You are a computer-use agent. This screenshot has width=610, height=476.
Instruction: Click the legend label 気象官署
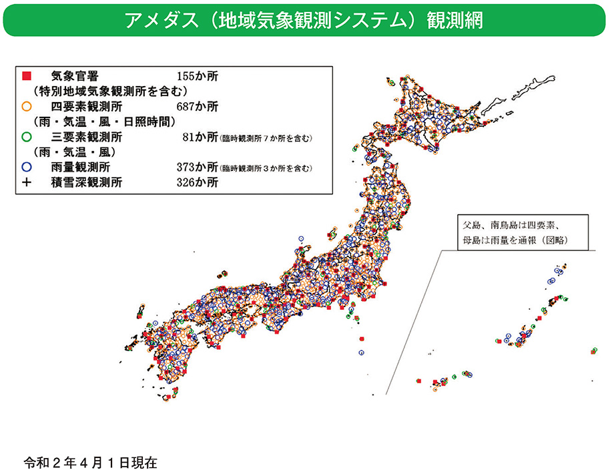[75, 75]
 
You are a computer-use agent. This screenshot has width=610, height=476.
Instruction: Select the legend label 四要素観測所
[85, 106]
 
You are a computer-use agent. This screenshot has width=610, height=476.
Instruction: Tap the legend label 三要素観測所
[85, 137]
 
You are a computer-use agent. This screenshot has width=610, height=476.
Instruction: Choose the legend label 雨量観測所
[80, 167]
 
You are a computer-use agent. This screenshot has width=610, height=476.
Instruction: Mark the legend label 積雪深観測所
[85, 182]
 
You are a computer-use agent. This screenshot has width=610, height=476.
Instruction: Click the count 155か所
[198, 75]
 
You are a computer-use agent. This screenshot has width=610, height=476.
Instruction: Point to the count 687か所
[198, 106]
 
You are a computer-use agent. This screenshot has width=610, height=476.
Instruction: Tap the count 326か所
[198, 182]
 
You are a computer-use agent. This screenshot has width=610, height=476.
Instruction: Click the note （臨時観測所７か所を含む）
[266, 138]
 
